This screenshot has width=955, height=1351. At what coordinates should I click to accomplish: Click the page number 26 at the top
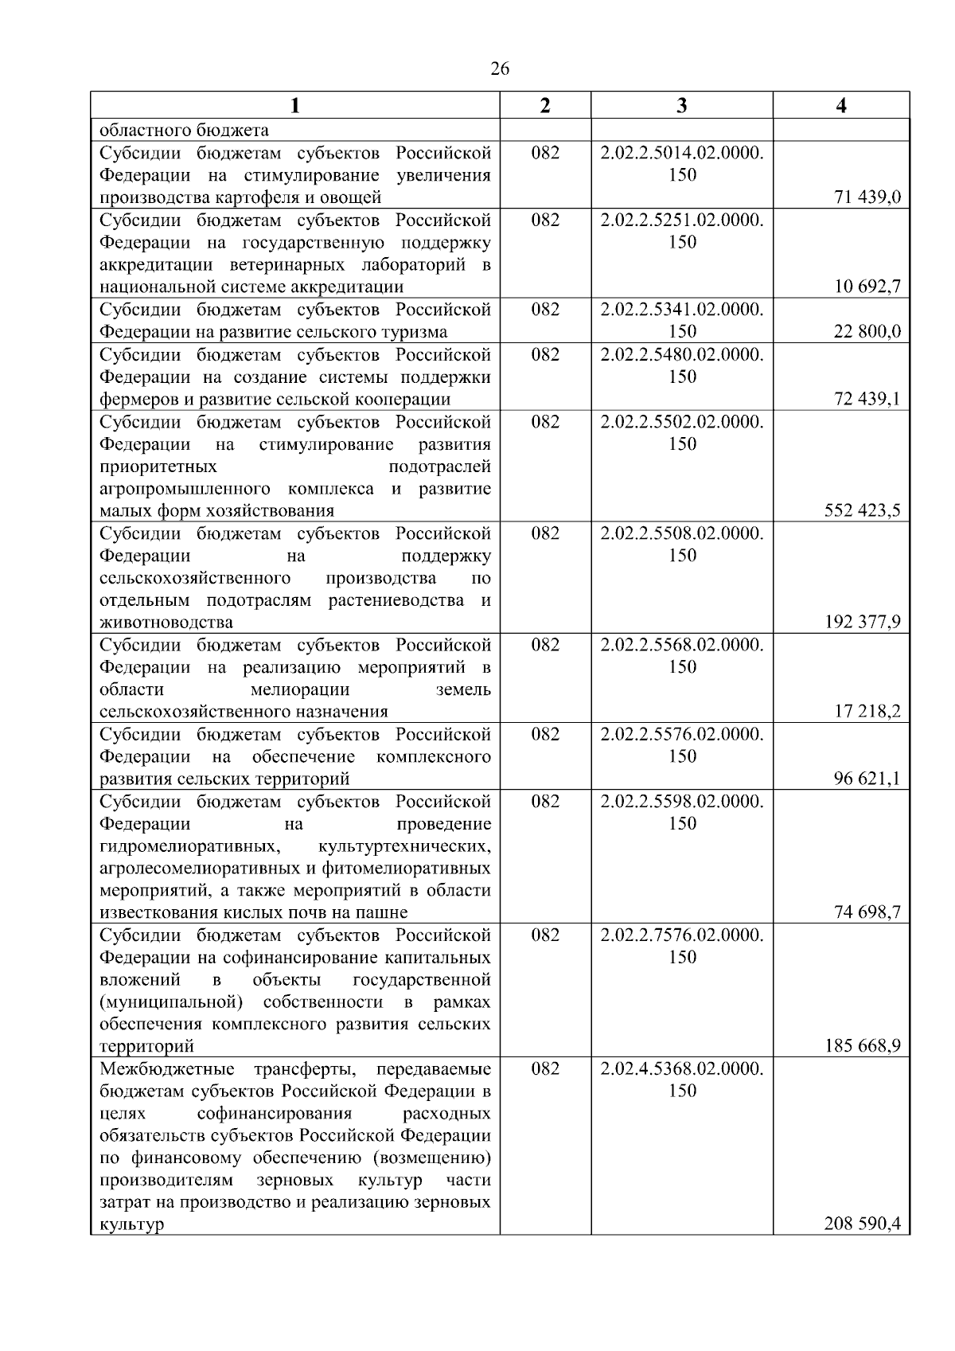500,69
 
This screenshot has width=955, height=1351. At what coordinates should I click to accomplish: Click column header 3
681,106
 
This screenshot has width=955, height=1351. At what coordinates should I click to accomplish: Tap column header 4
841,106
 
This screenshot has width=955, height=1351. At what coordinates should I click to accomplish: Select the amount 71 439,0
867,197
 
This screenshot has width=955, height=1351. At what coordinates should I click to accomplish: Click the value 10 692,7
867,287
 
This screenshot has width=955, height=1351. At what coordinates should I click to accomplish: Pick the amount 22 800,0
867,331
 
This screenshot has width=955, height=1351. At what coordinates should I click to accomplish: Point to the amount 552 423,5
863,510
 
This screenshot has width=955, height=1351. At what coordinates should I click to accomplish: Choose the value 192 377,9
863,622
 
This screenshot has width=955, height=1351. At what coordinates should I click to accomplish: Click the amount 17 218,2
867,711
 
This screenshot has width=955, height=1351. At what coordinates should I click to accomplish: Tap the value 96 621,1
867,778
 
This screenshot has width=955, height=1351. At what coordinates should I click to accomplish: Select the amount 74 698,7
867,912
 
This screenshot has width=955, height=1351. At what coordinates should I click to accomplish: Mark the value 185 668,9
863,1046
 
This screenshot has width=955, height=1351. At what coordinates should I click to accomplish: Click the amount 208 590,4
863,1224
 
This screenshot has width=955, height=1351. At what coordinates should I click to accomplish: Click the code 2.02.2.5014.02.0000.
682,153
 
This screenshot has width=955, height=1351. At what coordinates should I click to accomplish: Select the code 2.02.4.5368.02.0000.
682,1068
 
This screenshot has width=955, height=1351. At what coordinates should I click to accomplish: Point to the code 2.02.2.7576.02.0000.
682,935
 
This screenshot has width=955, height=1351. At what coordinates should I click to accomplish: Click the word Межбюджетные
167,1068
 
